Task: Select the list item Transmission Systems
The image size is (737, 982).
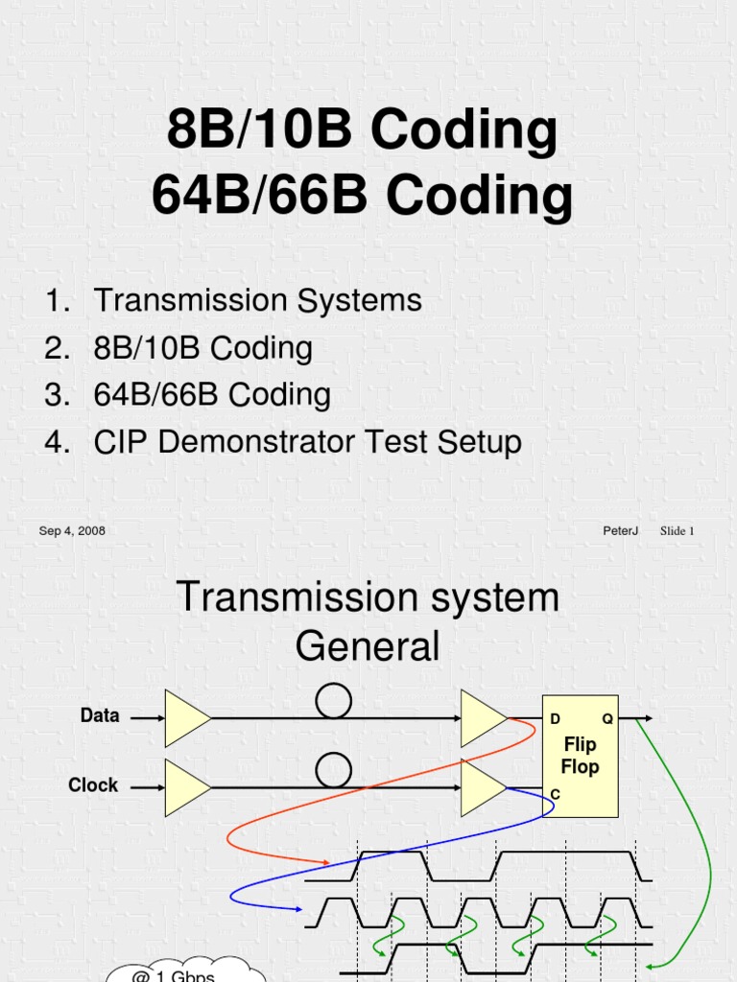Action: [257, 300]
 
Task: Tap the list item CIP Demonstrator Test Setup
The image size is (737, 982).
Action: [307, 442]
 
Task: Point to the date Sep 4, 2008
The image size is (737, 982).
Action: [72, 530]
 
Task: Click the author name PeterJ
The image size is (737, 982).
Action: [621, 530]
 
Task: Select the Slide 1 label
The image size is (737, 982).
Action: [677, 530]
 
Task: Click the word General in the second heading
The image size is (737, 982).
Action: [368, 646]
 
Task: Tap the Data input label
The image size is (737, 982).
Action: [100, 715]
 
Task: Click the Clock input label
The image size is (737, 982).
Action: [93, 784]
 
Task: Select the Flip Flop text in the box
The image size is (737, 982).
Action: [580, 756]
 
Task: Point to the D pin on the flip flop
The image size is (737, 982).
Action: [555, 718]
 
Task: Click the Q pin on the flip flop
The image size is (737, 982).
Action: [607, 718]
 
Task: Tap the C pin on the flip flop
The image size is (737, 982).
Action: [555, 795]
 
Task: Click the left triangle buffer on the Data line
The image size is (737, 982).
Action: [185, 717]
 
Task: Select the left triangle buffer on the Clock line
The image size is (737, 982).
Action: [185, 787]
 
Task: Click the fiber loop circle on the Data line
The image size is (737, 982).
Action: [333, 701]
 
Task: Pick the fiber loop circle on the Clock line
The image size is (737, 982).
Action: [333, 770]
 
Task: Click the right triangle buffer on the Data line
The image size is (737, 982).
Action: [482, 717]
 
